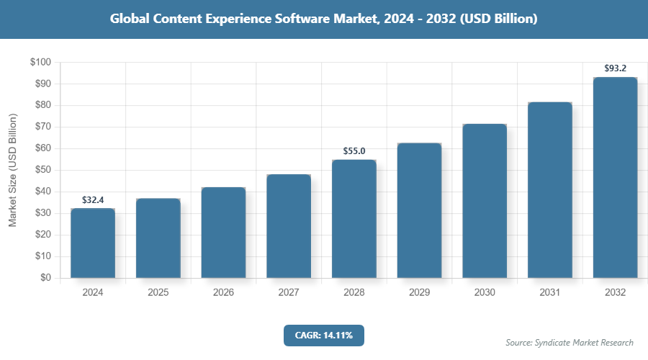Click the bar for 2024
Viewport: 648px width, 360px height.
coord(93,243)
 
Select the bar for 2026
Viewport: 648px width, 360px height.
coord(223,233)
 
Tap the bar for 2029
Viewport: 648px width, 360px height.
coord(419,210)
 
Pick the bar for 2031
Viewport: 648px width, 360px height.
coord(549,190)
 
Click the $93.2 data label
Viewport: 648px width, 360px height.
coord(615,68)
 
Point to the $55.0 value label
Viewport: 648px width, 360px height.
coord(354,151)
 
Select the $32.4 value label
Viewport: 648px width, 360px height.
coord(93,199)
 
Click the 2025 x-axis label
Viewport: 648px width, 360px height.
coord(158,293)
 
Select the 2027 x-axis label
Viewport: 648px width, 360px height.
coord(288,293)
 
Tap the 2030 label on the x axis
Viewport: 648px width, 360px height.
coord(484,293)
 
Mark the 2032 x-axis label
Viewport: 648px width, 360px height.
coord(615,293)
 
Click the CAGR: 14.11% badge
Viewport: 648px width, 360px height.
coord(324,336)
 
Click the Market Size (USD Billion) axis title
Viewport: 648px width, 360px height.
coord(12,170)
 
